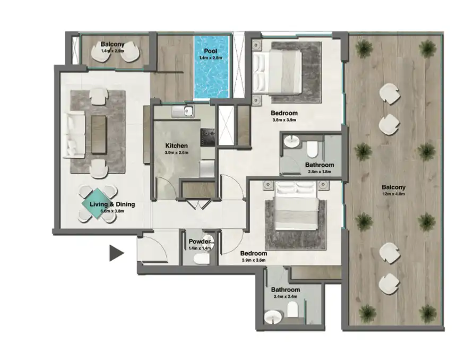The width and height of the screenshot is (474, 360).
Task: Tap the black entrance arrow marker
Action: pos(116,253)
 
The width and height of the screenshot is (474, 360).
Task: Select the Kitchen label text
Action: pos(176,145)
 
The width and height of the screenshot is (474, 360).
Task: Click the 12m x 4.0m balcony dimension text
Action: pos(393,194)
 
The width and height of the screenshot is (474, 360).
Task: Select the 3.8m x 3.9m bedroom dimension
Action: pos(283,120)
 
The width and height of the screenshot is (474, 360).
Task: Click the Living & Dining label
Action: pos(112,204)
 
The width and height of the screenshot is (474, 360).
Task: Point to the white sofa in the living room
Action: pos(74,134)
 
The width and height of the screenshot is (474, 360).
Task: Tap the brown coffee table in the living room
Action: pos(99,133)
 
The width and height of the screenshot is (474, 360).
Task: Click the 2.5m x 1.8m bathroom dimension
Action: pos(319,172)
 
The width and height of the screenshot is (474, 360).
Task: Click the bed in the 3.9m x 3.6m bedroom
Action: pos(297,208)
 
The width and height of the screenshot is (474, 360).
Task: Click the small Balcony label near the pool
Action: pos(113,45)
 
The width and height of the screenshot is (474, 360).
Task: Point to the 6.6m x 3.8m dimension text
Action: pos(112,211)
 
